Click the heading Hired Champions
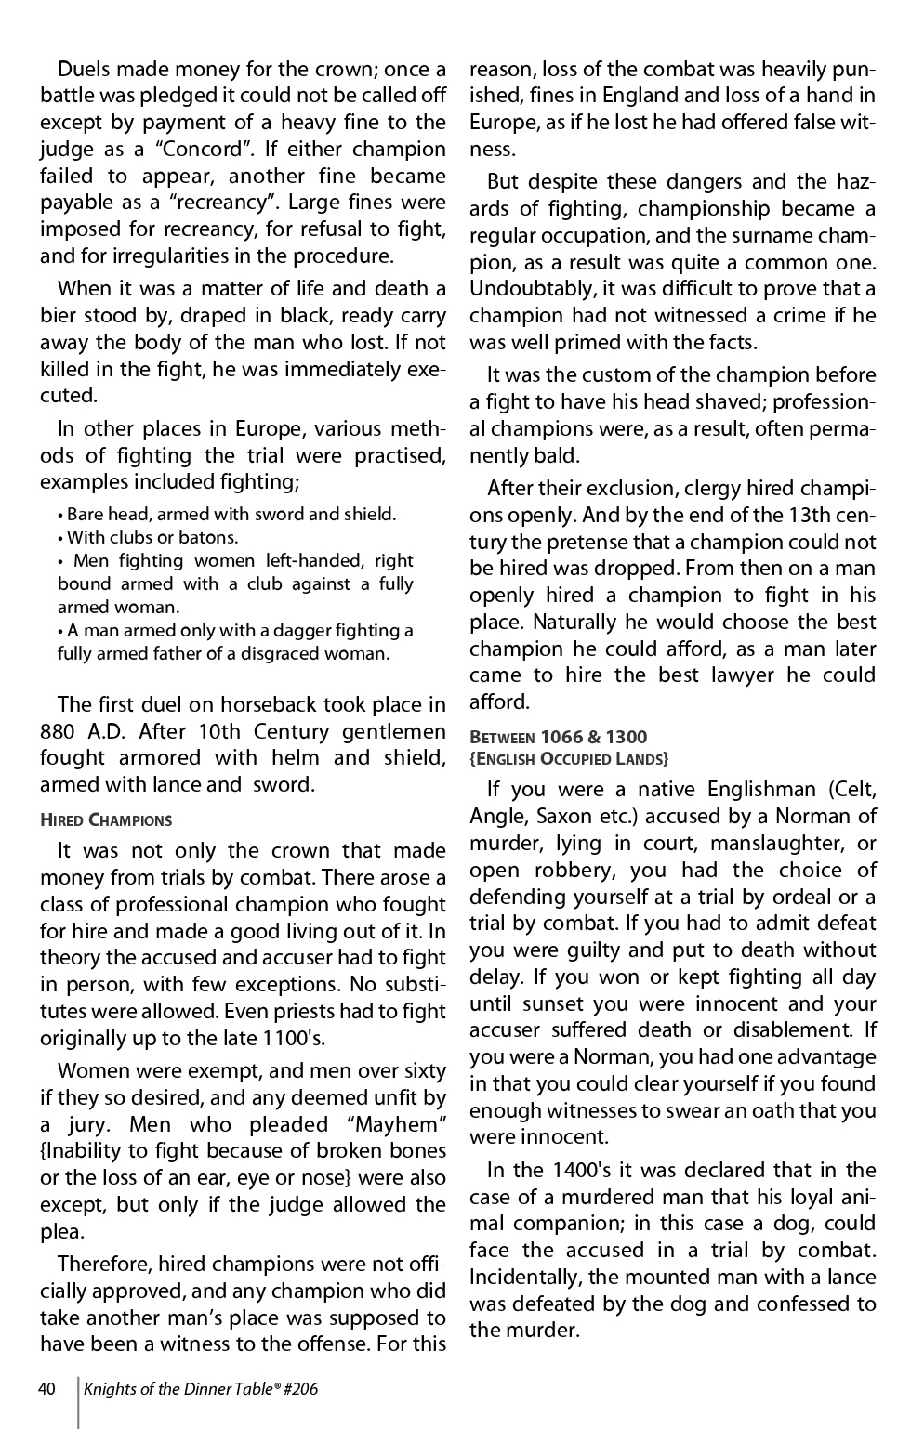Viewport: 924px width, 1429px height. tap(106, 819)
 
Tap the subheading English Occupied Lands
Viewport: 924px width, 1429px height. tap(569, 759)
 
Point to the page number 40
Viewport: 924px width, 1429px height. tap(48, 1389)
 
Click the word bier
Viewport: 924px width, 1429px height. tap(58, 315)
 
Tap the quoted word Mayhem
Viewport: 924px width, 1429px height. tap(397, 1124)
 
